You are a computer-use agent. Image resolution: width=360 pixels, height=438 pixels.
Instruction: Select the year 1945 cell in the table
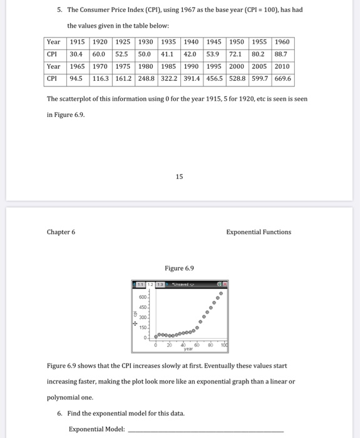click(x=214, y=42)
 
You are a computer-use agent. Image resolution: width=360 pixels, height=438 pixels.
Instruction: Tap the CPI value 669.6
click(x=282, y=79)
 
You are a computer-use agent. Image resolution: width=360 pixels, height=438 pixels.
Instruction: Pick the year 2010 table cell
click(x=282, y=66)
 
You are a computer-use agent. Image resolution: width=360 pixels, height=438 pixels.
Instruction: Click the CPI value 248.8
click(x=146, y=79)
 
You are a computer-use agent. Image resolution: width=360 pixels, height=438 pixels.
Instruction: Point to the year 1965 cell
click(x=77, y=66)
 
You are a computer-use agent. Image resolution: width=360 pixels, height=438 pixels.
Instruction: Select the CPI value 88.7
click(x=282, y=54)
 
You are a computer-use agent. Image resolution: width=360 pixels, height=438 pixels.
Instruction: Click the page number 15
click(x=180, y=176)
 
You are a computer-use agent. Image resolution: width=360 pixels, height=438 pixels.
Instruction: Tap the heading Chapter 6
click(x=61, y=232)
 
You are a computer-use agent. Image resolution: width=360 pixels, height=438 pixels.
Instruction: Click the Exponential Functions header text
click(x=259, y=232)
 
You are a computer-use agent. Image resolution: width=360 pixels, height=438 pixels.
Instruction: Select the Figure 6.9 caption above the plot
click(x=179, y=268)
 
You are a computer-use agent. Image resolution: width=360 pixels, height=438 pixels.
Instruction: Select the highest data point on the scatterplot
click(x=220, y=293)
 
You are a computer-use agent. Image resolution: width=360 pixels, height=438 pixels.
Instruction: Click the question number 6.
click(x=59, y=414)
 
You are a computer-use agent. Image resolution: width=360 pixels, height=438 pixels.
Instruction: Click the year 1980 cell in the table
click(x=146, y=66)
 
